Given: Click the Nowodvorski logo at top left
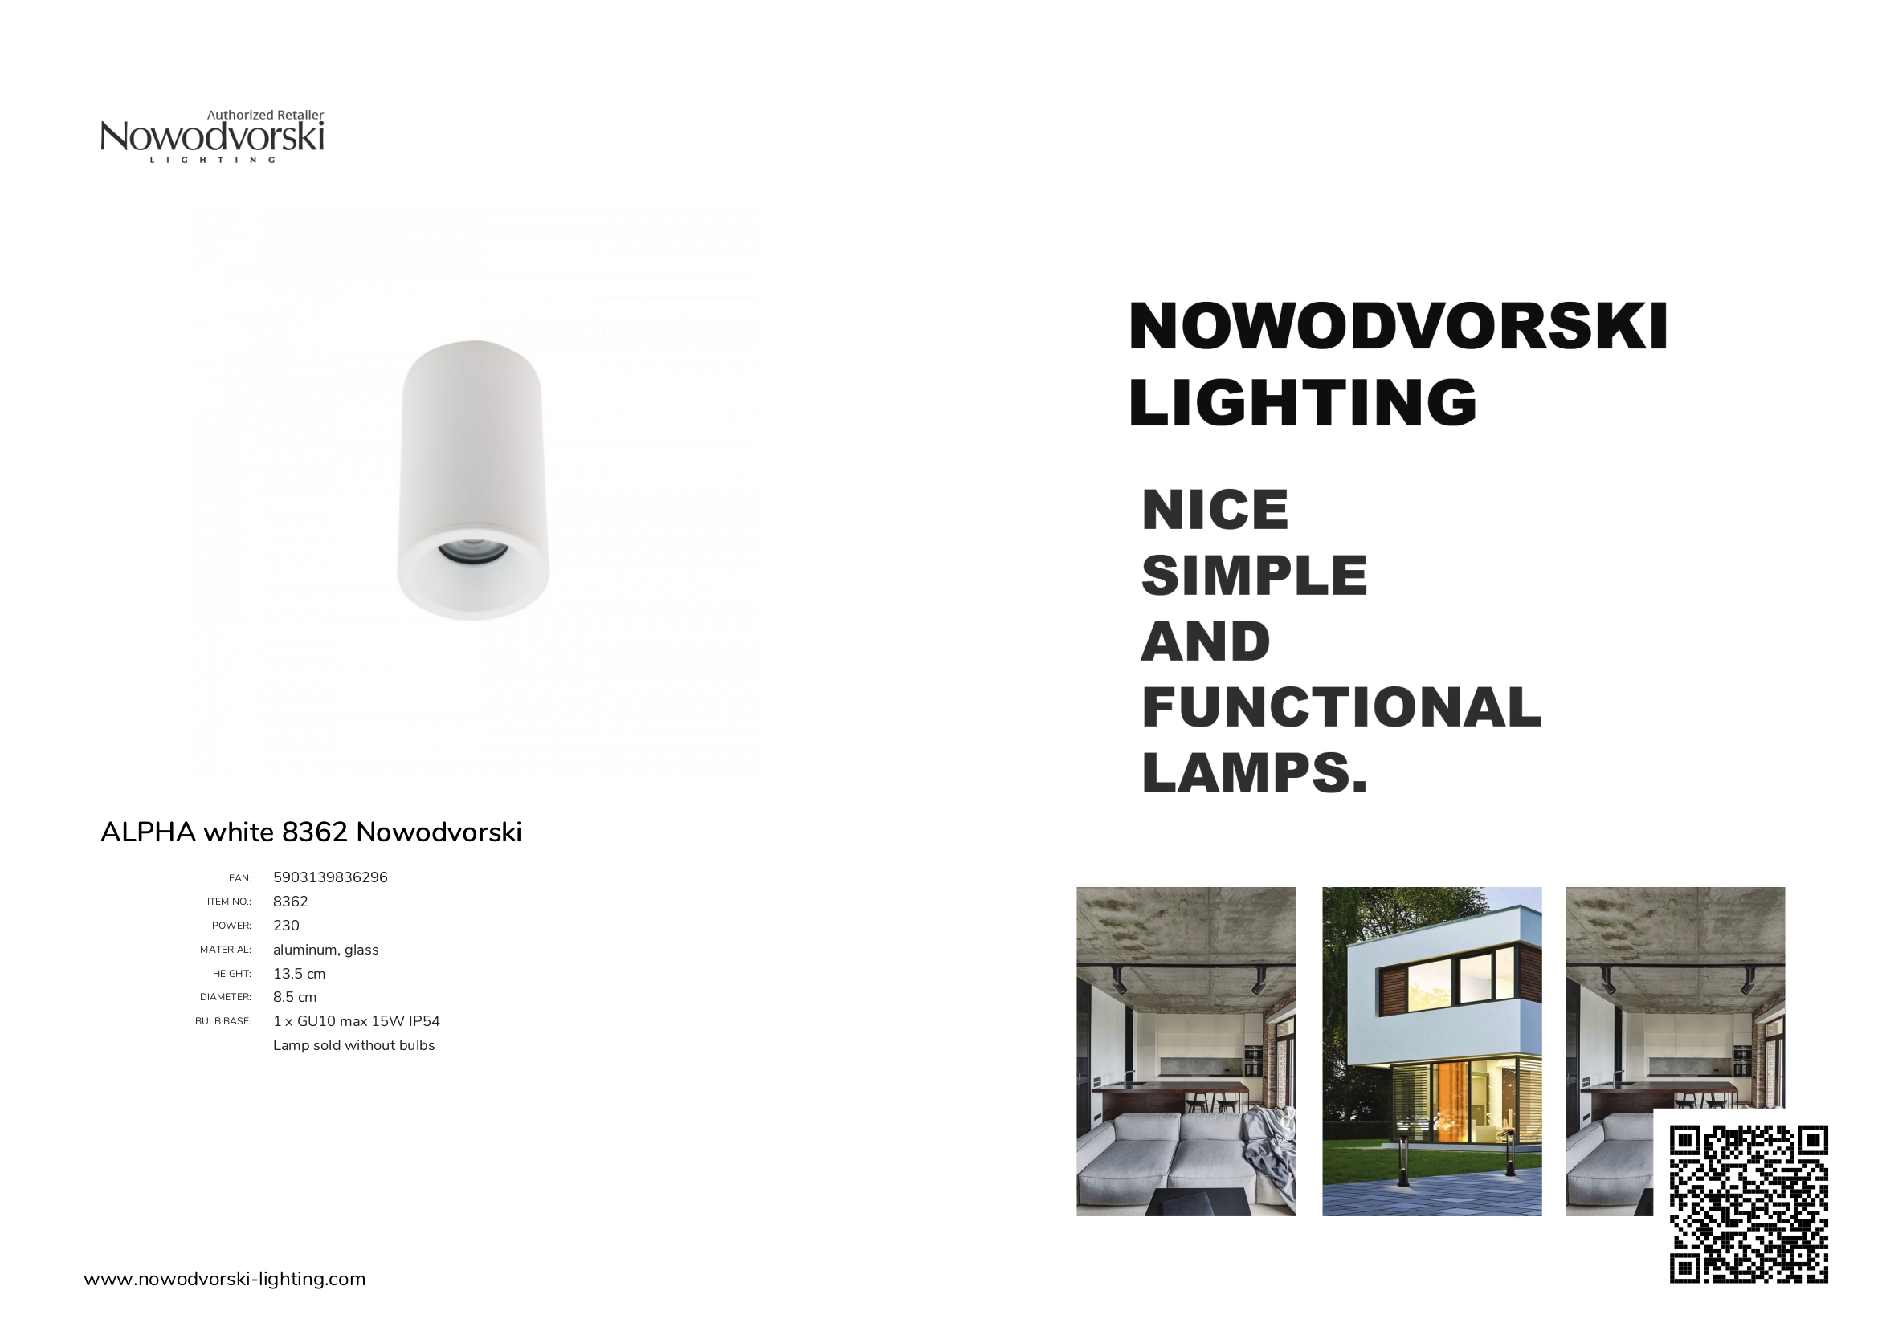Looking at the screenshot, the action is (212, 136).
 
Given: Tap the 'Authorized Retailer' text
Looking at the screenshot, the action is (265, 116).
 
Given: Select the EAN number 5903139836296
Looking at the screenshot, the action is (330, 877).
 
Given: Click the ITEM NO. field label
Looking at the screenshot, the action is (229, 902).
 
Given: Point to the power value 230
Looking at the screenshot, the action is (286, 926).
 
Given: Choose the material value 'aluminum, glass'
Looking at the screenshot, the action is (325, 950).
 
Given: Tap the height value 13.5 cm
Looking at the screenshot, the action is (300, 974).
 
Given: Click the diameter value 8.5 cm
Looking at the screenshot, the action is (295, 998).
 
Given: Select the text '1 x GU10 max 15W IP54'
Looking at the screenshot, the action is (357, 1021).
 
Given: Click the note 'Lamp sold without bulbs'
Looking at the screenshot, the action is (354, 1046).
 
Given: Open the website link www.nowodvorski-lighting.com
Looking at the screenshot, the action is (225, 1279).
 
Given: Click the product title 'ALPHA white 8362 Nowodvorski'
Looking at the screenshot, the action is (311, 832).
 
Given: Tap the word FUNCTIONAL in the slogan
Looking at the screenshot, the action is (1341, 706).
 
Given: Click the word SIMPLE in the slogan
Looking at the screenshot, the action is (1254, 575).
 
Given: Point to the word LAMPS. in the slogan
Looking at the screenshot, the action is (1254, 772).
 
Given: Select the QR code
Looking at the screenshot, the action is (1749, 1204).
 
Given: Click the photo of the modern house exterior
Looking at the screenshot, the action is (1431, 1052).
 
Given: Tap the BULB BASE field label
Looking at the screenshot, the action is (223, 1021).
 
